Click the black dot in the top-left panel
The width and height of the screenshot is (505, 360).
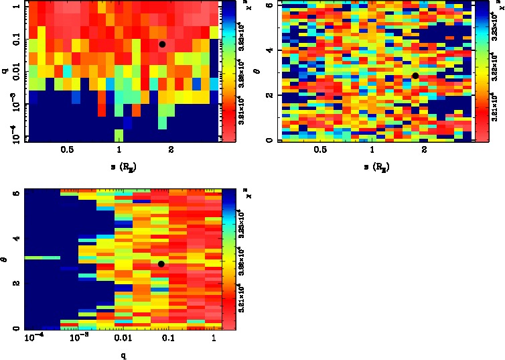coord(162,44)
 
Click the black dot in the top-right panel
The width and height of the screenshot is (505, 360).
coord(415,76)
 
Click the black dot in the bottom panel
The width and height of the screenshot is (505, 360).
coord(161,264)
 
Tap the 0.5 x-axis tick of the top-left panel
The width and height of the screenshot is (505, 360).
coord(66,149)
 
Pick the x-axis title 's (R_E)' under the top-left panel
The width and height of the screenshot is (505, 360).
coord(119,166)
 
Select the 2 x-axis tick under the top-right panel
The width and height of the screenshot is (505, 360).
coord(425,149)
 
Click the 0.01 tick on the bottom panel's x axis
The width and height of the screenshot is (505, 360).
coord(122,339)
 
